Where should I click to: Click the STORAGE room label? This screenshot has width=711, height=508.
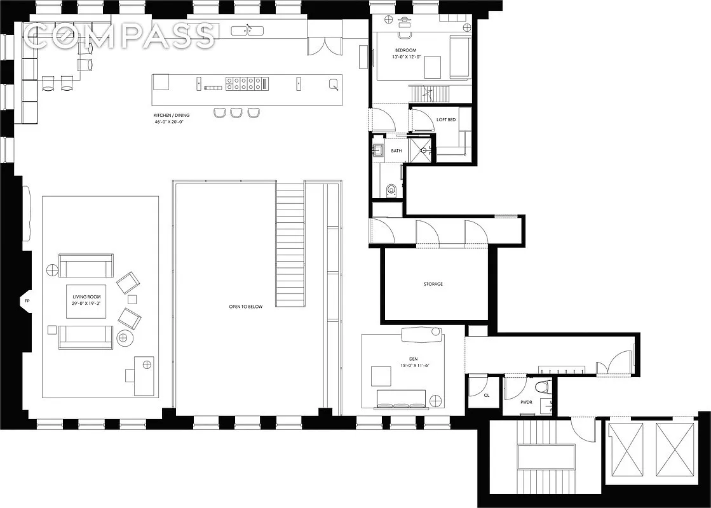(433, 284)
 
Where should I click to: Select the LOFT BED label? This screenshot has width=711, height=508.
(445, 120)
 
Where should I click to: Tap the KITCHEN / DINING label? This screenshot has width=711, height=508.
(172, 115)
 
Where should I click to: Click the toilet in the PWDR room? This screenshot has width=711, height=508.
(542, 386)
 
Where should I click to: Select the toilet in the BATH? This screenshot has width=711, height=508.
(391, 188)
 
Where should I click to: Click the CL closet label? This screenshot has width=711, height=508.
(487, 395)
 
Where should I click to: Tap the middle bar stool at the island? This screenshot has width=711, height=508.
(236, 112)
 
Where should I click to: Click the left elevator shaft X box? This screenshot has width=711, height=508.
(626, 449)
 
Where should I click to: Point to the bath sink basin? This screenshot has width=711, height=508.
(379, 151)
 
